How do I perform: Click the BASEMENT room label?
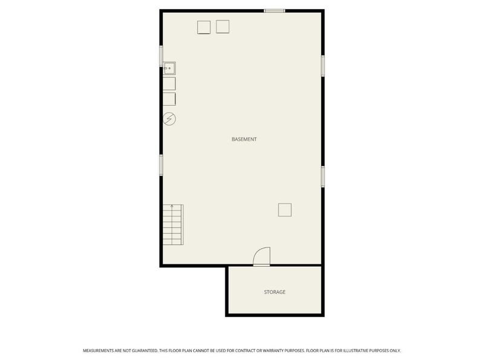[244, 139]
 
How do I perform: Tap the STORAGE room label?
[274, 292]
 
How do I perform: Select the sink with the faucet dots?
[169, 68]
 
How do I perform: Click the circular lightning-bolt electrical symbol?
[169, 119]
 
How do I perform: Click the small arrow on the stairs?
[172, 207]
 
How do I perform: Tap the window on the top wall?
[274, 10]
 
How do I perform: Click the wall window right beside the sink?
[161, 56]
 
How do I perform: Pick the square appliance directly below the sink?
[169, 83]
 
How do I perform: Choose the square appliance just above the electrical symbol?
[169, 99]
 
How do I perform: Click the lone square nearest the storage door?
[285, 209]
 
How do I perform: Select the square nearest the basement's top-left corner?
[204, 27]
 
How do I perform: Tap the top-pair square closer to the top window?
[223, 27]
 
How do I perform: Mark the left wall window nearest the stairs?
[161, 165]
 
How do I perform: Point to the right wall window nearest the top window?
[323, 65]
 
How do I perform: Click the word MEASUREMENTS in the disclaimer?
[100, 350]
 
